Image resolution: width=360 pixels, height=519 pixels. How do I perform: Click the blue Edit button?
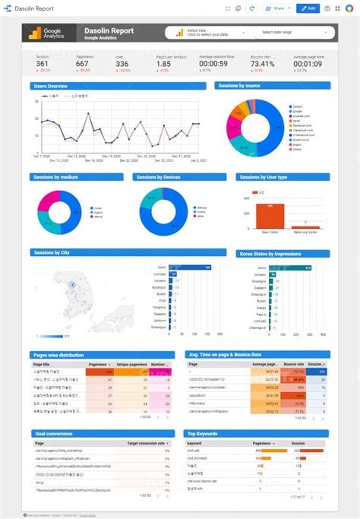(308, 8)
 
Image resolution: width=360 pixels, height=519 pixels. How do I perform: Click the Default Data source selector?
(204, 33)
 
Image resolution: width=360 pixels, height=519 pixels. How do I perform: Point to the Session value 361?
(43, 64)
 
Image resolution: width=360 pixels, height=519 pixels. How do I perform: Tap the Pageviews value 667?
(82, 64)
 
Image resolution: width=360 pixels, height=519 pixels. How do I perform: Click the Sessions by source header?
(240, 87)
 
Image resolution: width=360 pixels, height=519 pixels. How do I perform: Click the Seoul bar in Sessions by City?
(193, 268)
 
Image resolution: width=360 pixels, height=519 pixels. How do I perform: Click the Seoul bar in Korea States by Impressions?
(288, 268)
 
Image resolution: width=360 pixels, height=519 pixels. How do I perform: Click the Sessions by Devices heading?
(159, 177)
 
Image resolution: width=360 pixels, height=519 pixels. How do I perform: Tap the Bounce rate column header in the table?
(293, 364)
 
